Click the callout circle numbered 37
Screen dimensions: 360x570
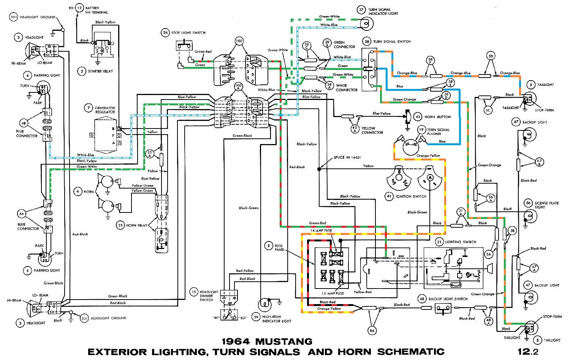pyautogui.click(x=361, y=10)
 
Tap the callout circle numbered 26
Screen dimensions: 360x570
pyautogui.click(x=165, y=33)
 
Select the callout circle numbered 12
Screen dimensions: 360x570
pyautogui.click(x=79, y=8)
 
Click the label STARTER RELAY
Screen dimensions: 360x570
pyautogui.click(x=100, y=71)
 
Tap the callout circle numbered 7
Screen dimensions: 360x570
pyautogui.click(x=88, y=108)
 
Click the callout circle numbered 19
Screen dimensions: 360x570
pyautogui.click(x=421, y=130)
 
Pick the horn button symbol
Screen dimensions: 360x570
pyautogui.click(x=406, y=117)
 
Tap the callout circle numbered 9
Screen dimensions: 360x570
pyautogui.click(x=78, y=192)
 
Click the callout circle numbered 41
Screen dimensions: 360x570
pyautogui.click(x=389, y=196)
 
